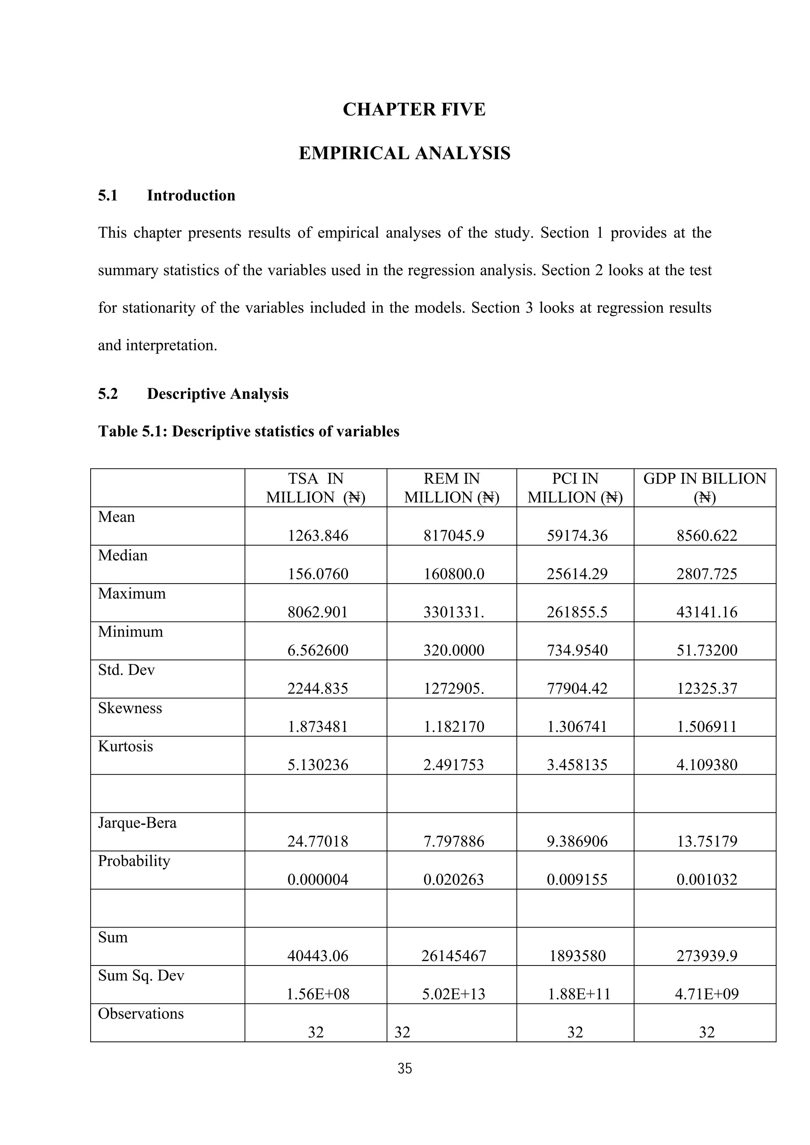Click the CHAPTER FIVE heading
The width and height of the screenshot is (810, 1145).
coord(414,110)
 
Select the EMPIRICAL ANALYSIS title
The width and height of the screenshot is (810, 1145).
coord(405,153)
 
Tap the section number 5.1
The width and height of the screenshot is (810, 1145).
coord(108,195)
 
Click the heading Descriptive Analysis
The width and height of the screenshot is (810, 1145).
coord(218,394)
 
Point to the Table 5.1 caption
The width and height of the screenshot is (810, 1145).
coord(248,431)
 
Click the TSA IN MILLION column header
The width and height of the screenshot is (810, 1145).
coord(316,488)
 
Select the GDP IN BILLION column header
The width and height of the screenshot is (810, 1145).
coord(705,488)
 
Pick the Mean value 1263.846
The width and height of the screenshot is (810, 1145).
coord(318,536)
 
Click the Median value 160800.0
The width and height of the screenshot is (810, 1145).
coord(454,574)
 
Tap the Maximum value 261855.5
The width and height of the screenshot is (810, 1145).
coord(577,612)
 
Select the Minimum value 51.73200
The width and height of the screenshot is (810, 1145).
coord(707,650)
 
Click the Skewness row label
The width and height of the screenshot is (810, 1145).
coord(130,708)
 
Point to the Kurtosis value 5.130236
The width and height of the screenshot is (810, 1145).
coord(318,765)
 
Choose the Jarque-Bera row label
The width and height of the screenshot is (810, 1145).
coord(137,823)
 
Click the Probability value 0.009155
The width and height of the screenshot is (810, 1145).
coord(577,879)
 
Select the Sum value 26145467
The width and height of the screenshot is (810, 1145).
coord(454,956)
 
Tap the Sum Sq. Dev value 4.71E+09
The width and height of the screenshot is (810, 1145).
coord(707,994)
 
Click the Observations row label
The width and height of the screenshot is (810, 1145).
coord(141,1014)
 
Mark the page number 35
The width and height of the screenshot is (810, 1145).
coord(405,1069)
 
